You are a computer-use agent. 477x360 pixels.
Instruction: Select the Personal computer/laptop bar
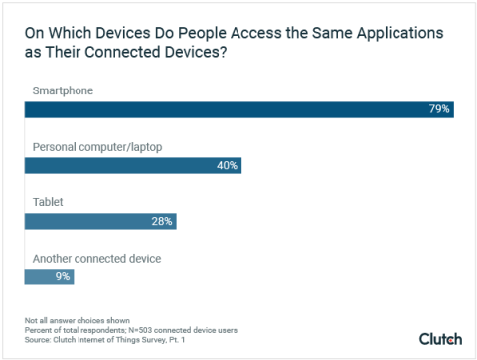click(x=132, y=165)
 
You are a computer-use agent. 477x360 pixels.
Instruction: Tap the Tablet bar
click(x=100, y=220)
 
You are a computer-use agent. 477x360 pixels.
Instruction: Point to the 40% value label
click(x=227, y=165)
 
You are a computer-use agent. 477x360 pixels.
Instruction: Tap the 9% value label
click(x=63, y=275)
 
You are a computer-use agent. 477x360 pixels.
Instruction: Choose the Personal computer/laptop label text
click(x=97, y=147)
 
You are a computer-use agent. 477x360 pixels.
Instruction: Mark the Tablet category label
click(x=48, y=202)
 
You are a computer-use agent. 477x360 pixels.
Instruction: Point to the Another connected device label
click(x=97, y=258)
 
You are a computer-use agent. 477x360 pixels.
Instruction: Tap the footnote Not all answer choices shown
click(x=65, y=320)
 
